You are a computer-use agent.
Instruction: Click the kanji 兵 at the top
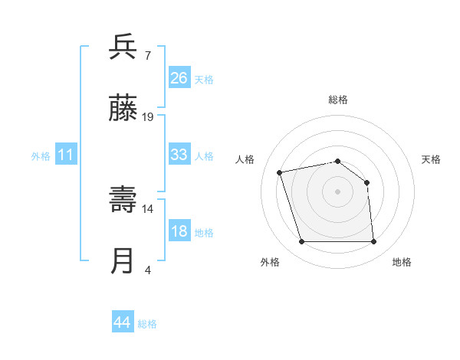[123, 47]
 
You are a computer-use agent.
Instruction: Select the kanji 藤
[123, 109]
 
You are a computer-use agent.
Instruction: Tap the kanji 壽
[123, 200]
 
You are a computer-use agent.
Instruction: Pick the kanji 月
[123, 261]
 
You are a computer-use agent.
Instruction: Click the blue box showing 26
[179, 77]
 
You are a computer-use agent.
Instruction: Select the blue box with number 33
[179, 155]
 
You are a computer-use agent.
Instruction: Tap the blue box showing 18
[179, 231]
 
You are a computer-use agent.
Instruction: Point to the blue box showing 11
[66, 155]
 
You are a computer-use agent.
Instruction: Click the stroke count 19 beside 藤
[148, 117]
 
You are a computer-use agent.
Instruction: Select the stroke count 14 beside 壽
[148, 208]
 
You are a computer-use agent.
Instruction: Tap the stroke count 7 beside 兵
[148, 55]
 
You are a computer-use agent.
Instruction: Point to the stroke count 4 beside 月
[148, 270]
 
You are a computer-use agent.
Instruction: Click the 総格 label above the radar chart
[338, 100]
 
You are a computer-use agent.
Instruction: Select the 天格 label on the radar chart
[431, 159]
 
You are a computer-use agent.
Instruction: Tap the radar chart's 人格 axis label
[245, 159]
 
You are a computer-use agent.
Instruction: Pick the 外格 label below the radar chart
[270, 262]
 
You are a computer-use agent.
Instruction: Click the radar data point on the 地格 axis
[374, 242]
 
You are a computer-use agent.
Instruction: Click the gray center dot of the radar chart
[338, 191]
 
